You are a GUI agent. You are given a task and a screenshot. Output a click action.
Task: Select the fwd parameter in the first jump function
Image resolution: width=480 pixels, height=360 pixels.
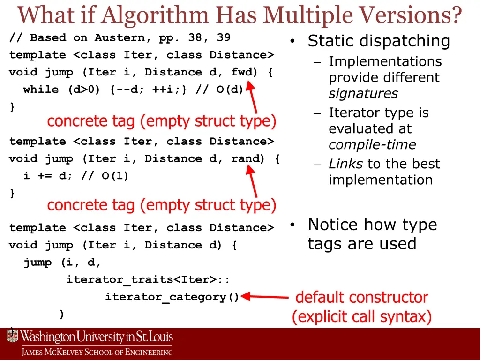[242, 72]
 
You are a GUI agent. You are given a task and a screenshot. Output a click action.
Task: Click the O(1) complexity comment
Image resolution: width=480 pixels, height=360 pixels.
[114, 176]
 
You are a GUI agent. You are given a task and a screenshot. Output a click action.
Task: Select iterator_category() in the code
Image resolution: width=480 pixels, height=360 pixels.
[172, 297]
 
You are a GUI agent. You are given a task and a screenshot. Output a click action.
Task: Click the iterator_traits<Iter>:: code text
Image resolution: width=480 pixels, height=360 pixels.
[148, 280]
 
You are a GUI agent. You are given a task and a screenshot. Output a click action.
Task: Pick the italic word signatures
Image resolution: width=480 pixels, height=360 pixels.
[363, 94]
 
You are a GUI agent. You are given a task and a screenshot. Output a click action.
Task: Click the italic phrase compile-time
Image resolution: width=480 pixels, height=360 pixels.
[372, 145]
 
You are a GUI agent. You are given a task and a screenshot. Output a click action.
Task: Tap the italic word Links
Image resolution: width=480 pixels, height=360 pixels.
[345, 164]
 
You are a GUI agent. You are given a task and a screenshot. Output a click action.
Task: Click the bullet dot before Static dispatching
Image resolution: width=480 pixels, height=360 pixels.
[292, 42]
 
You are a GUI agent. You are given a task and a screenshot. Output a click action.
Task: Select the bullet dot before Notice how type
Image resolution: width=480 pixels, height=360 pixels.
[292, 225]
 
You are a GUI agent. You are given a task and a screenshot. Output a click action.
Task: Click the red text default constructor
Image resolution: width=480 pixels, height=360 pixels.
[361, 297]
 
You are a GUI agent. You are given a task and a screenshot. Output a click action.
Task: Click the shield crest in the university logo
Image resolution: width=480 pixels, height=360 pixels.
[12, 336]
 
